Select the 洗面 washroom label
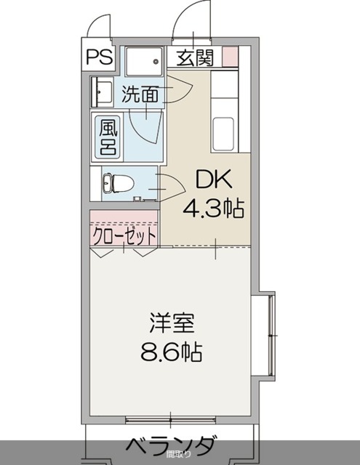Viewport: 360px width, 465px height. (140, 94)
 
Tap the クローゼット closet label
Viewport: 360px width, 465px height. (124, 235)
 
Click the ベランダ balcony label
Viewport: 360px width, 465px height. (172, 445)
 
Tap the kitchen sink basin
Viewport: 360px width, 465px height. (224, 134)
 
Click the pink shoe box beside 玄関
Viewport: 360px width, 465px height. (229, 56)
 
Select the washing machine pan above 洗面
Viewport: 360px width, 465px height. (144, 61)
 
